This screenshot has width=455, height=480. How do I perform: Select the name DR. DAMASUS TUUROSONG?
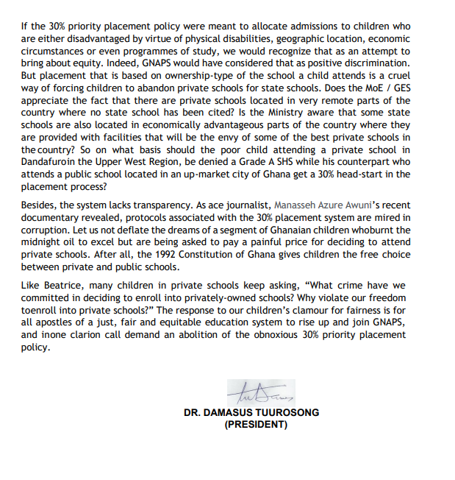[x=251, y=413]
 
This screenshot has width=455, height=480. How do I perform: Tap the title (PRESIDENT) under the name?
[x=252, y=425]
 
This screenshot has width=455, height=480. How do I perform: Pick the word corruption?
[x=48, y=230]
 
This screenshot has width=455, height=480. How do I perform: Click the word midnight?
[x=42, y=241]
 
